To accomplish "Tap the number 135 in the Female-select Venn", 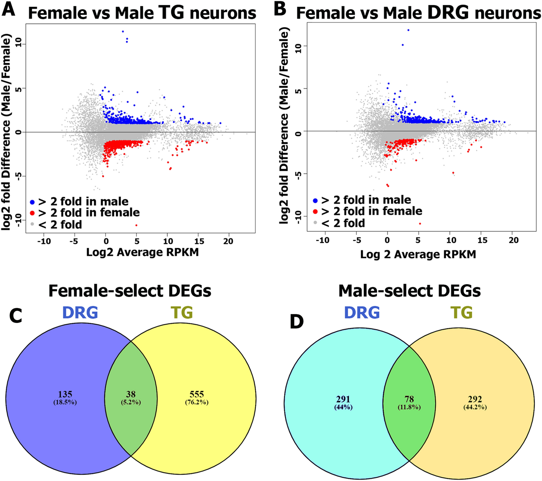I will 65,394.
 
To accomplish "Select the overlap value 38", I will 131,394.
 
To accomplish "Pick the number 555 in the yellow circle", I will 197,394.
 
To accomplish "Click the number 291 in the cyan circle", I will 343,399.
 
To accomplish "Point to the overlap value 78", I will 409,399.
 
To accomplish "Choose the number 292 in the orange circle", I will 475,399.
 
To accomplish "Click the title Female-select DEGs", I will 130,291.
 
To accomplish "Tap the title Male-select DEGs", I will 409,291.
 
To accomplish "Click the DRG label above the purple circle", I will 80,313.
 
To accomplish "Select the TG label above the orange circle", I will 461,313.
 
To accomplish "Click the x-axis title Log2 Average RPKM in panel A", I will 142,252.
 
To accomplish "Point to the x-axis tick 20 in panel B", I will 514,240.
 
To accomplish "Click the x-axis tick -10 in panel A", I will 44,241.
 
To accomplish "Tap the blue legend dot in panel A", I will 32,202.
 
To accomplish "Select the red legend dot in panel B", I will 315,212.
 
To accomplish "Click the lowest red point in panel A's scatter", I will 136,225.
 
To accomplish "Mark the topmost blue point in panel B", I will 408,30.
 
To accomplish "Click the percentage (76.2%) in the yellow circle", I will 197,402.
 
